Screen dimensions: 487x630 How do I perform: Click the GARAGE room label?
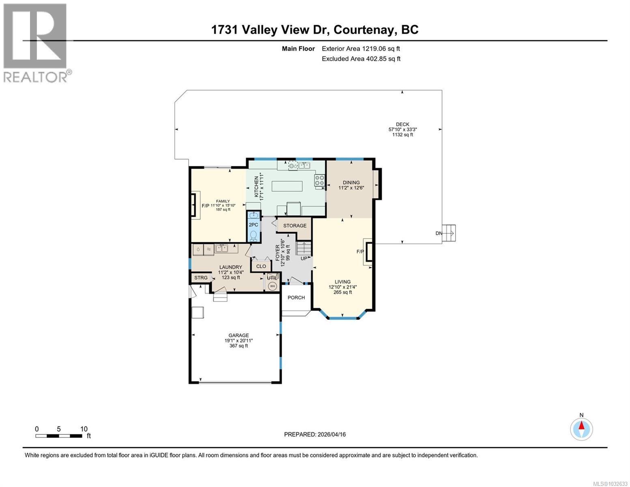pos(239,335)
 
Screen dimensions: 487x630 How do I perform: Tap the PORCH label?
pos(296,297)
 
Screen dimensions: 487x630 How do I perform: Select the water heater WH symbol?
pos(273,286)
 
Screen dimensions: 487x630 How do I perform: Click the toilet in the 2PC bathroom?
pos(254,235)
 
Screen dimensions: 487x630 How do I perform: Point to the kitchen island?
pos(287,187)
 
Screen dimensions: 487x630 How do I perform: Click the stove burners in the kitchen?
pos(320,180)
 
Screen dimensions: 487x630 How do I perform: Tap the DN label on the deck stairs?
pos(439,233)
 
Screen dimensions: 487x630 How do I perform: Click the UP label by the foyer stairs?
pos(304,259)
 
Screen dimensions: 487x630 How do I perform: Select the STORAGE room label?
pos(295,226)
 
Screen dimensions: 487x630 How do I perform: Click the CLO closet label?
pos(261,266)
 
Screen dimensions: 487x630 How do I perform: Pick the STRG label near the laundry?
pos(201,278)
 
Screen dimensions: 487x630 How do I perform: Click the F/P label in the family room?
pos(205,206)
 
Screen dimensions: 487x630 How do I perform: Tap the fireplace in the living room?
pos(369,254)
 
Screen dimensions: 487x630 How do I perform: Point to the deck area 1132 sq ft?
pos(402,135)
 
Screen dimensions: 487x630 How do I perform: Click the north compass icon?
pos(581,429)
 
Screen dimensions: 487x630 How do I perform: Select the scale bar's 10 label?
pos(84,429)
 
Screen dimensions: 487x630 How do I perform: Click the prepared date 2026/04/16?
pos(331,434)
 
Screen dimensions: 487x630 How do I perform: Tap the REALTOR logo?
pos(37,43)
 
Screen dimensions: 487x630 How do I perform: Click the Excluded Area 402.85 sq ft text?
pos(361,59)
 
